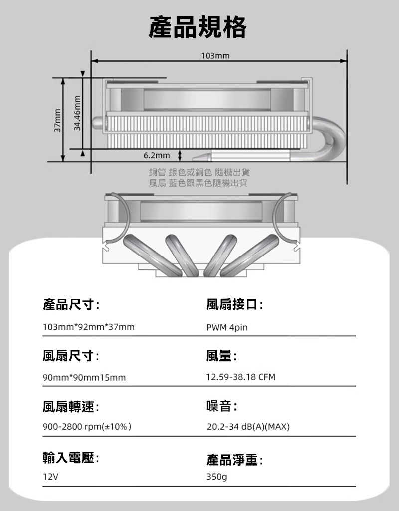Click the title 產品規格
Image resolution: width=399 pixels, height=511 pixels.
(198, 27)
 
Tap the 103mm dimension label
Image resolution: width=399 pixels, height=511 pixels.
(215, 55)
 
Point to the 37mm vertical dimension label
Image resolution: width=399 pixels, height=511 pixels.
(57, 120)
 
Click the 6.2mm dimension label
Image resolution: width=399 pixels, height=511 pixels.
(157, 155)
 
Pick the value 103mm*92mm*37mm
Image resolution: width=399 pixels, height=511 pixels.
(89, 328)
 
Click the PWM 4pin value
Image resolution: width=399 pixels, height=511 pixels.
(227, 328)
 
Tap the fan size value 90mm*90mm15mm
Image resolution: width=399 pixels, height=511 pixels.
(84, 378)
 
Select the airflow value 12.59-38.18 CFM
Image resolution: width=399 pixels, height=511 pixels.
(241, 377)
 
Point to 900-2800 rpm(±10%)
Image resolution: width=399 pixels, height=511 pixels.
(87, 427)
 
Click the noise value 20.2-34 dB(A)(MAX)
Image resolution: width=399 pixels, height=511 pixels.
(248, 427)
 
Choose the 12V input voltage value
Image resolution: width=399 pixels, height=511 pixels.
(51, 477)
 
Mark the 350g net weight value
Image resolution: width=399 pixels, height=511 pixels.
(217, 477)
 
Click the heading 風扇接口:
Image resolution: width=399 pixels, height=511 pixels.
(235, 304)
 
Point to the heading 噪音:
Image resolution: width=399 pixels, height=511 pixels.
(221, 407)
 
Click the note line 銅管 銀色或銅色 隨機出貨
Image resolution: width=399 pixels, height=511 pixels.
(199, 172)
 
